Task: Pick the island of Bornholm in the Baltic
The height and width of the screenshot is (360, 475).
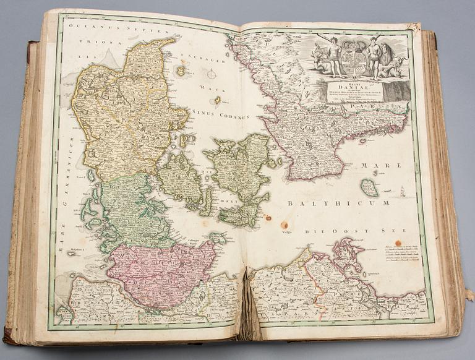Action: pos(369,187)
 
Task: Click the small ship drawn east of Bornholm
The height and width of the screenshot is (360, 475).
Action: pos(403,192)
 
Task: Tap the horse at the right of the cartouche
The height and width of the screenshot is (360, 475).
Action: pos(390,59)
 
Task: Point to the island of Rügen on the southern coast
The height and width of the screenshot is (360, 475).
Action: pos(347,253)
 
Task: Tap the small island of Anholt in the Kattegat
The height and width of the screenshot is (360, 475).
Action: pos(218,100)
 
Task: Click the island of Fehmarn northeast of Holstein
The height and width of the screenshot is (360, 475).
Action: pos(217,236)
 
